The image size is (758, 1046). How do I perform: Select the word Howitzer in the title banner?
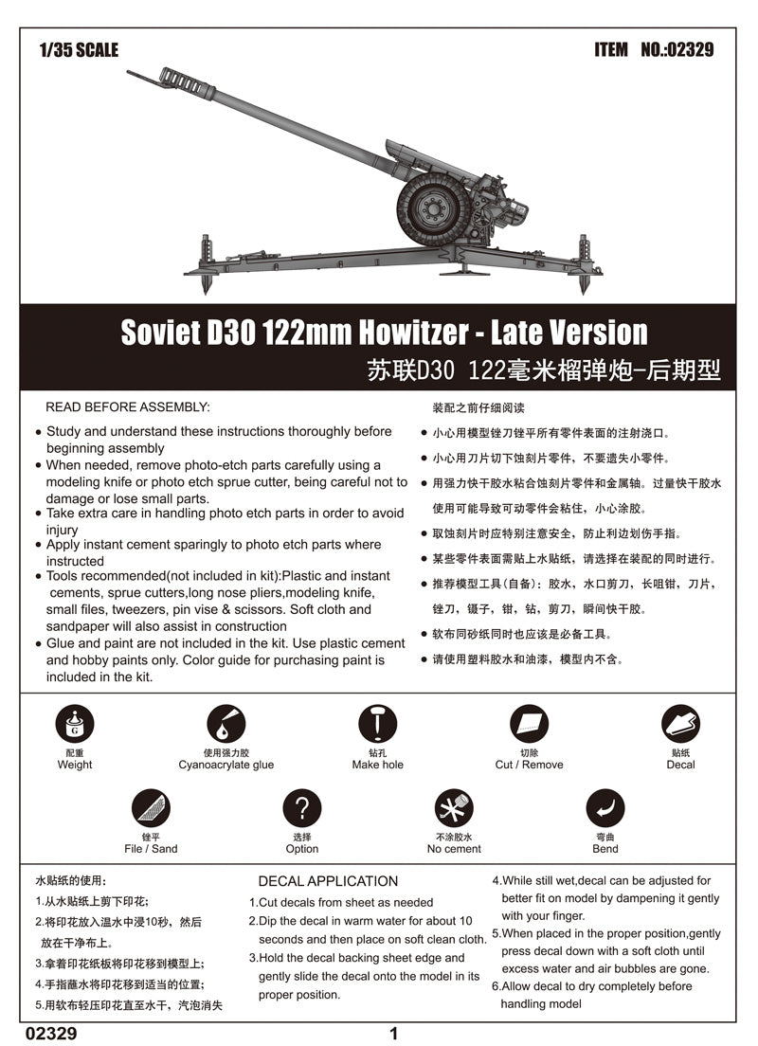(x=409, y=333)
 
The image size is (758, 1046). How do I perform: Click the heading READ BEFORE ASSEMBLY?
(x=128, y=406)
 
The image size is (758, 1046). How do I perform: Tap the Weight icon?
(x=75, y=725)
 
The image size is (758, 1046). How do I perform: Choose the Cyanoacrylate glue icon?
(x=226, y=725)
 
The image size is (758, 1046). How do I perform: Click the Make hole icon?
(x=377, y=725)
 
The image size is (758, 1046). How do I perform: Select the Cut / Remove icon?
(x=529, y=725)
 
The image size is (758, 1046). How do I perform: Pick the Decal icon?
(x=680, y=725)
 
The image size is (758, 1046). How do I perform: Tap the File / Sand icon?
(x=151, y=808)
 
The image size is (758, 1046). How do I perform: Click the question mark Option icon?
(x=302, y=808)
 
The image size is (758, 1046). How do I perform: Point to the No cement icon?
(x=454, y=808)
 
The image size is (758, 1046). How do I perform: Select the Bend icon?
(x=605, y=808)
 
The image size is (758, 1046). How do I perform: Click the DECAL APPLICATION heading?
(x=328, y=881)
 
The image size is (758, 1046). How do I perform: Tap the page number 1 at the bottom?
(x=394, y=1034)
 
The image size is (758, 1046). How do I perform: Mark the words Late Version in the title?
(x=580, y=333)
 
